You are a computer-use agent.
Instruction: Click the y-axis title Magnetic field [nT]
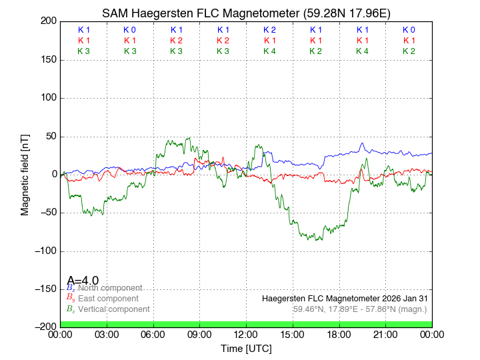point(25,174)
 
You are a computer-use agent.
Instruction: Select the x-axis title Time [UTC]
point(246,348)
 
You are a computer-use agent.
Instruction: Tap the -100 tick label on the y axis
point(45,251)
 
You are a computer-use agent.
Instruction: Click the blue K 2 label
point(269,30)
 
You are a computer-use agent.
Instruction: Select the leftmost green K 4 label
point(269,51)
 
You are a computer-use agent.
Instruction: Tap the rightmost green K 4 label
point(362,51)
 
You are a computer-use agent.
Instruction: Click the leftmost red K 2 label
point(176,41)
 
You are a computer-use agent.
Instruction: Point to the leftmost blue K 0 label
point(129,30)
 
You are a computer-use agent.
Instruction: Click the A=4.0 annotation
point(83,281)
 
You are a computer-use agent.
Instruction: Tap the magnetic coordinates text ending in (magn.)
point(360,309)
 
